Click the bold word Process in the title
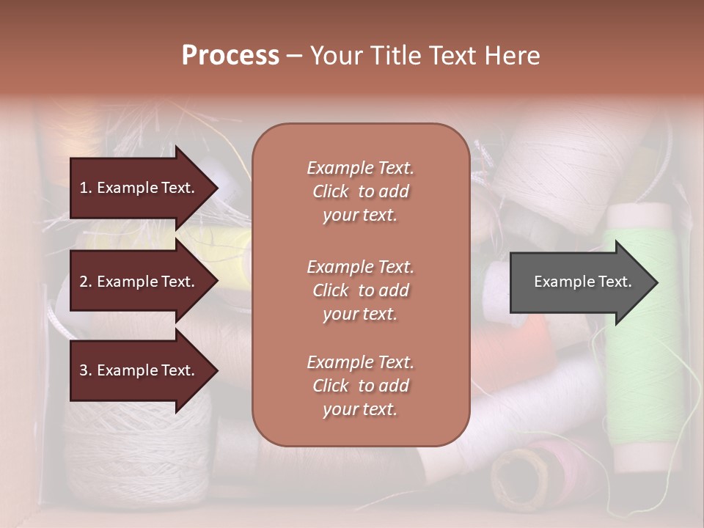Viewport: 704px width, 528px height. click(230, 55)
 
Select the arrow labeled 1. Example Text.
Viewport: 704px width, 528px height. click(139, 188)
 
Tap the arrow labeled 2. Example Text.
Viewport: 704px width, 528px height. click(139, 282)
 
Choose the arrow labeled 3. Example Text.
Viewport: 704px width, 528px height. click(139, 370)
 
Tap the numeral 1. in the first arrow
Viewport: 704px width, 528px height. click(86, 188)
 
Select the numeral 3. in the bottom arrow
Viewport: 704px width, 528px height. click(86, 370)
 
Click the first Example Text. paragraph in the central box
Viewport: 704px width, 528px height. click(361, 191)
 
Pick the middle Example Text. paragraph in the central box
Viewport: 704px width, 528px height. click(361, 290)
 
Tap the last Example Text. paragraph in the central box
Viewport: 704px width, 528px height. click(361, 386)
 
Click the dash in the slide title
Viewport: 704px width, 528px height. click(294, 55)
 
